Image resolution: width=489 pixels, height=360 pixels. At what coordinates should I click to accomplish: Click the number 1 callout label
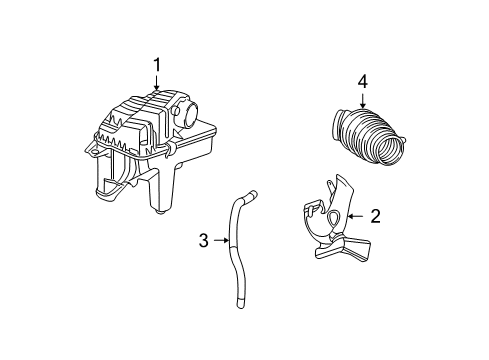click(157, 65)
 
